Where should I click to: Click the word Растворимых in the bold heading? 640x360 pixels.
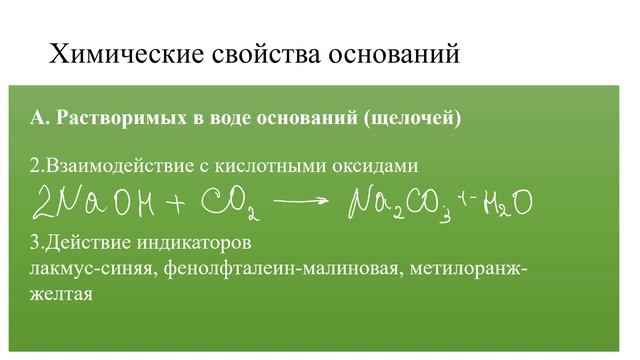click(x=121, y=119)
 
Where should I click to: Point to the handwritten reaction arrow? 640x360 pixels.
click(x=300, y=201)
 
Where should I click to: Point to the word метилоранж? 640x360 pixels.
click(x=469, y=269)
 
